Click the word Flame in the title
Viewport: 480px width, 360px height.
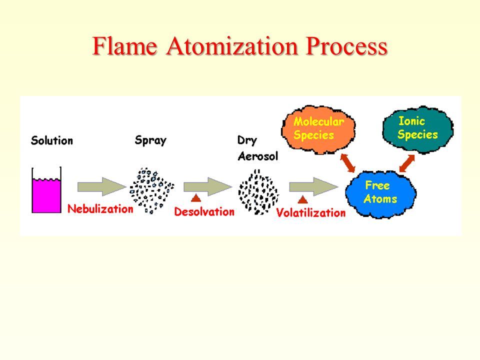pyautogui.click(x=125, y=46)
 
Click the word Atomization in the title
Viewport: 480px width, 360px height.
pyautogui.click(x=232, y=46)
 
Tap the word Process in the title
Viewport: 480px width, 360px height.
pyautogui.click(x=347, y=46)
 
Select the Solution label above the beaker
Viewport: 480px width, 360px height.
pyautogui.click(x=52, y=140)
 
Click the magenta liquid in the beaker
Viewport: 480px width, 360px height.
pyautogui.click(x=46, y=195)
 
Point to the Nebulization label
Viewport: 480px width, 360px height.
pyautogui.click(x=100, y=209)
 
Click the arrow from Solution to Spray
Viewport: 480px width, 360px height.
pyautogui.click(x=101, y=186)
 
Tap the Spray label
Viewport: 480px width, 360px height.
pyautogui.click(x=150, y=140)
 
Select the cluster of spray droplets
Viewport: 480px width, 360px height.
pyautogui.click(x=152, y=190)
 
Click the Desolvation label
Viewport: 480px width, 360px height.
pyautogui.click(x=204, y=211)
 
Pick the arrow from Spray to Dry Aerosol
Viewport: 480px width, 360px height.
pyautogui.click(x=207, y=186)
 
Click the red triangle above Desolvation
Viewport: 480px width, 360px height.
pyautogui.click(x=196, y=198)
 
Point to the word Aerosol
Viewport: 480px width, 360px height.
pyautogui.click(x=258, y=156)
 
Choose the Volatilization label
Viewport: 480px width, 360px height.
pyautogui.click(x=311, y=212)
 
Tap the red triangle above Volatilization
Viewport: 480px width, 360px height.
pyautogui.click(x=302, y=199)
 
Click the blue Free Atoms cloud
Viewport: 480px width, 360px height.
pyautogui.click(x=381, y=194)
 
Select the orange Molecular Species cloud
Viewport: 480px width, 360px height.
pyautogui.click(x=318, y=129)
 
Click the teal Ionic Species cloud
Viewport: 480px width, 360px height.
pyautogui.click(x=418, y=128)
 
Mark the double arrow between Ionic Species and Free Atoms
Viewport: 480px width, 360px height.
pyautogui.click(x=407, y=163)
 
